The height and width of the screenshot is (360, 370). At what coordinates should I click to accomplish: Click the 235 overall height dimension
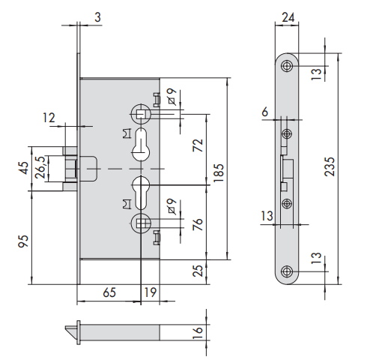[x=330, y=166]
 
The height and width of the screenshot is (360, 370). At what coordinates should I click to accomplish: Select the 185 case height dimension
[x=219, y=173]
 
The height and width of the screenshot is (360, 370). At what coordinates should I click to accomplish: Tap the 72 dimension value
[x=198, y=145]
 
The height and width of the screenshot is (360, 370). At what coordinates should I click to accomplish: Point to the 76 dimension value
[x=198, y=224]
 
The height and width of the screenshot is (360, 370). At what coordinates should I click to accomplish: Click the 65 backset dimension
[x=109, y=292]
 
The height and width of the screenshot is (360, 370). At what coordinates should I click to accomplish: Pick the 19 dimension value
[x=150, y=292]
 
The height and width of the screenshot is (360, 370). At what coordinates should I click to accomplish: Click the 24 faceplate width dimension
[x=288, y=17]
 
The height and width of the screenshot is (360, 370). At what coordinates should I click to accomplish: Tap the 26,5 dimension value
[x=40, y=167]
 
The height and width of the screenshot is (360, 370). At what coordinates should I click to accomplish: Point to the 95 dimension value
[x=23, y=241]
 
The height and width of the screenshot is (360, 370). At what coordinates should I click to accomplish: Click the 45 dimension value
[x=23, y=168]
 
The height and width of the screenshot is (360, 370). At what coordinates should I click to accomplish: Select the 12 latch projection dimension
[x=49, y=118]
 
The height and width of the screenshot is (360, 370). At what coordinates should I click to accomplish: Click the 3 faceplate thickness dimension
[x=97, y=17]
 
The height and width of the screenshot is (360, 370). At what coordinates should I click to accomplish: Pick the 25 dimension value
[x=198, y=271]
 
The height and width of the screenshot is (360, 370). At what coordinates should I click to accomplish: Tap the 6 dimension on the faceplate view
[x=265, y=112]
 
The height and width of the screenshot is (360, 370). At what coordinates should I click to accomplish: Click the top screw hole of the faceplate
[x=287, y=66]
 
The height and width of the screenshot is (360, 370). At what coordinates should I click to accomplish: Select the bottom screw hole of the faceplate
[x=287, y=271]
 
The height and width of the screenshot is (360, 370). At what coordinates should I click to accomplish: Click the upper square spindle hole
[x=140, y=114]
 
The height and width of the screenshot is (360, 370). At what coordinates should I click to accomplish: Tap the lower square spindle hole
[x=141, y=223]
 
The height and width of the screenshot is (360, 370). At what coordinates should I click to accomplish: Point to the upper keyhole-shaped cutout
[x=141, y=145]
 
